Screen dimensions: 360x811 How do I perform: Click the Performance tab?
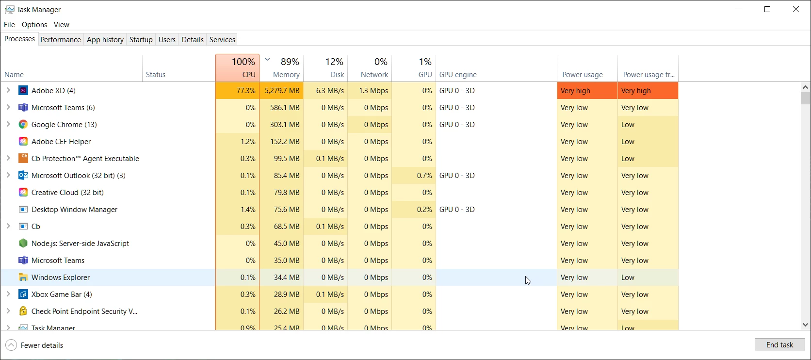61,40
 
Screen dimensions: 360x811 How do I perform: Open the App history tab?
105,40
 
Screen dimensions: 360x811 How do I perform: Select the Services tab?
222,40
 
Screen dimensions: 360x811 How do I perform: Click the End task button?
779,345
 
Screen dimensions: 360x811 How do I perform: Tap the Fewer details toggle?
35,345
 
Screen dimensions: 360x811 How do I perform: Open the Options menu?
34,25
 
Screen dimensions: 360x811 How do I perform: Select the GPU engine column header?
458,75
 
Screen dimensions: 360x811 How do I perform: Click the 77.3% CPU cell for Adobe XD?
238,91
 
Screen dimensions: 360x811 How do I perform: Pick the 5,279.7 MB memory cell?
282,91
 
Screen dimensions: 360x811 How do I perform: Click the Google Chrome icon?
23,125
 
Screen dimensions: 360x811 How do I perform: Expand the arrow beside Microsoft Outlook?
8,175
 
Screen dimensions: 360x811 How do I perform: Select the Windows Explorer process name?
61,278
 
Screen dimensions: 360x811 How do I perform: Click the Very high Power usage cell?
587,91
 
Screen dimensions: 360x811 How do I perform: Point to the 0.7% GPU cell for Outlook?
424,176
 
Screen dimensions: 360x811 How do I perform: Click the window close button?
795,10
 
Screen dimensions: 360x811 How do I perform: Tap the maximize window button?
767,10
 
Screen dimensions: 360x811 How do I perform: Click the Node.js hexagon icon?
23,244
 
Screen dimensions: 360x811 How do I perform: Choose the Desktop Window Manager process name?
74,210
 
